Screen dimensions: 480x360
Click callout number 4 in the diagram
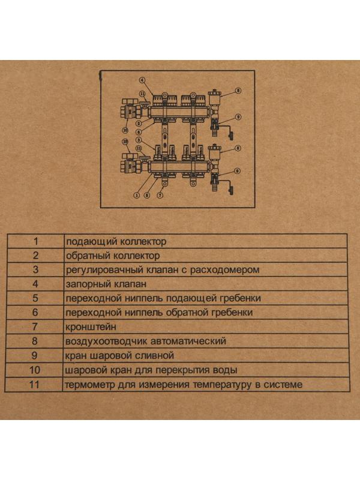coord(143,80)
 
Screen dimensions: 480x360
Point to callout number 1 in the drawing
coord(137,195)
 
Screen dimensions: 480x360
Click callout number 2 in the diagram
coord(138,123)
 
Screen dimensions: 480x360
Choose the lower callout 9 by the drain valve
coord(236,171)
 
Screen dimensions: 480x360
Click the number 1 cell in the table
coord(35,241)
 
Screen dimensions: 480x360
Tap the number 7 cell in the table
coord(35,327)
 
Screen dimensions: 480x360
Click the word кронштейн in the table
coord(89,327)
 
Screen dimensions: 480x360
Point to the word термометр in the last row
coord(89,385)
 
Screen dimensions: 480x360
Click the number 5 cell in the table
coord(35,298)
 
